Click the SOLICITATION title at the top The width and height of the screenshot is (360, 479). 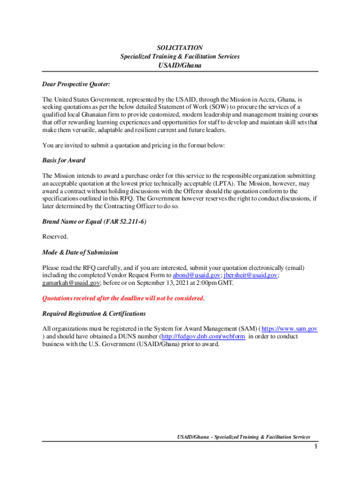tap(180, 48)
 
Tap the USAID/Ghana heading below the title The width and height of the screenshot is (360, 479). tap(180, 65)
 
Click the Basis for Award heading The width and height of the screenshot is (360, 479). tap(64, 160)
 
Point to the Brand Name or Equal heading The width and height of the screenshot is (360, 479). tap(94, 222)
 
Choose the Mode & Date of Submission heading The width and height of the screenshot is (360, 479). tap(80, 252)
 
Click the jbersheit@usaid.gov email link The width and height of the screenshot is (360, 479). tap(251, 276)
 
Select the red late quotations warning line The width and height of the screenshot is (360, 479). tap(123, 298)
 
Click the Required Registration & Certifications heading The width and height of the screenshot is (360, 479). tap(94, 313)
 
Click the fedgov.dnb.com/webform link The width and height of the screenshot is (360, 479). tap(203, 336)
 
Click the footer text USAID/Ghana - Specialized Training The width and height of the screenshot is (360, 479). tap(243, 437)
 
